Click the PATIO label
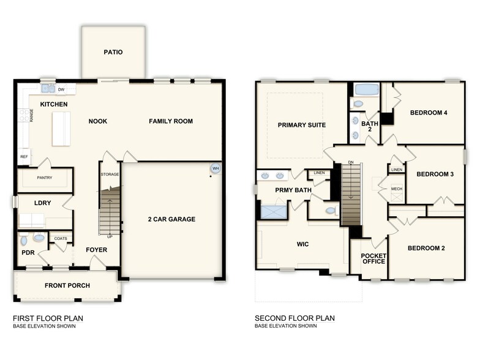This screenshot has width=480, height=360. tap(113, 52)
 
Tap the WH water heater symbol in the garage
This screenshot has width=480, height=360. tap(215, 168)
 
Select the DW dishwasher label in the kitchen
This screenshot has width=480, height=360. tap(61, 89)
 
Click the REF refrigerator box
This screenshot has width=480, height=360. tap(24, 157)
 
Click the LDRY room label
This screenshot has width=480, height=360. tap(42, 202)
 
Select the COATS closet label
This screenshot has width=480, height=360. tap(61, 238)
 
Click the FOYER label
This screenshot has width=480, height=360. tap(96, 250)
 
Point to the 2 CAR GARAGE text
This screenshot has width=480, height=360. tap(171, 219)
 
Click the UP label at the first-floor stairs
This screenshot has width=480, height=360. tap(110, 236)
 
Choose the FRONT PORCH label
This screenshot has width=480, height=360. tap(67, 285)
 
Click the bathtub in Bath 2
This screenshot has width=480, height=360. tap(367, 89)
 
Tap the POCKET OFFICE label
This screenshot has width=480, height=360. tap(373, 258)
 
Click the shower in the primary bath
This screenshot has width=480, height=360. tap(272, 212)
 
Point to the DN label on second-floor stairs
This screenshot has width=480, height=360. tap(350, 162)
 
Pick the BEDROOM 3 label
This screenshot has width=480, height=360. tap(435, 174)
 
